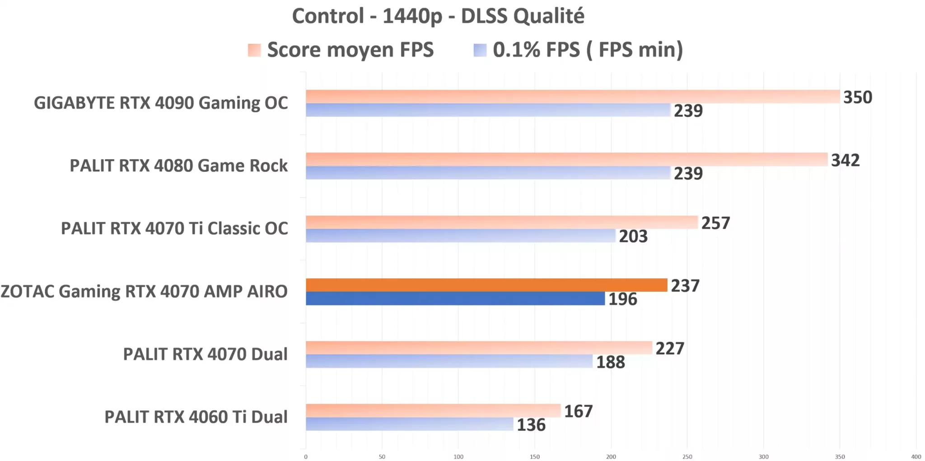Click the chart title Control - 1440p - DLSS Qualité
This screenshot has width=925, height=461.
[438, 16]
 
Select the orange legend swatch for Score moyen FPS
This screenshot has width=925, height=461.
[254, 50]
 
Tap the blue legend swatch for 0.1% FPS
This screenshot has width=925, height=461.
[480, 50]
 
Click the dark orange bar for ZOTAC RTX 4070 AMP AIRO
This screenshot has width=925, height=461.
[486, 285]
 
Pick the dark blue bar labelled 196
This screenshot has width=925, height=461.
[455, 299]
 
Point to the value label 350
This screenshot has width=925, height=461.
[857, 97]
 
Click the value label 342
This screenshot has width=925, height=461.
[845, 160]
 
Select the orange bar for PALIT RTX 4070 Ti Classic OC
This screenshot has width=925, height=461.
[501, 222]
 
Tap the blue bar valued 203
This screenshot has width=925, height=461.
[460, 235]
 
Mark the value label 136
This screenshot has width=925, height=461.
[531, 425]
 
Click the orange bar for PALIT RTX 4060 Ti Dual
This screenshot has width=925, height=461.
[433, 410]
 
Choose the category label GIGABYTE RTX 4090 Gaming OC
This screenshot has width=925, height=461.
[161, 103]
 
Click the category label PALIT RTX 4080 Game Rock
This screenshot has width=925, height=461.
[178, 166]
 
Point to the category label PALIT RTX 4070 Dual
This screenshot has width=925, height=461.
[205, 355]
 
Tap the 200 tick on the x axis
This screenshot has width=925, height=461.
[611, 456]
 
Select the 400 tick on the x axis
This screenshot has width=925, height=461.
[916, 456]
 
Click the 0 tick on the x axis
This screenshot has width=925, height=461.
[306, 456]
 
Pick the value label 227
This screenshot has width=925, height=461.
[669, 349]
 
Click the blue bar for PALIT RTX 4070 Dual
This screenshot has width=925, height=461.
[449, 361]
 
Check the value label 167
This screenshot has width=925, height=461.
[578, 411]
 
